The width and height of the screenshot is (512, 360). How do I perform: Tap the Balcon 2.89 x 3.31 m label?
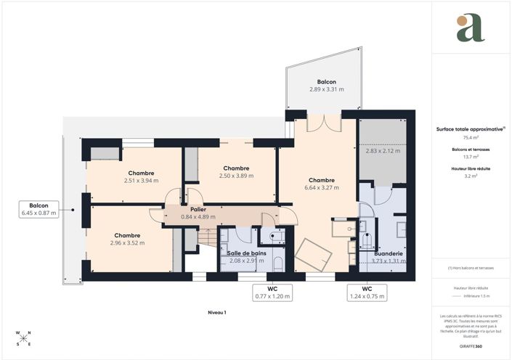pos(326,85)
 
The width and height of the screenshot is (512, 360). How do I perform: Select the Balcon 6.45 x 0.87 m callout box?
pos(38,209)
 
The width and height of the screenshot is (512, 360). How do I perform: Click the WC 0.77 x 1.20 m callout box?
pos(272,292)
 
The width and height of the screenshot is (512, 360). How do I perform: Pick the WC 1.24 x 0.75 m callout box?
pos(367,292)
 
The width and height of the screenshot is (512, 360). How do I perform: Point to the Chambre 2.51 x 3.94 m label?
pos(141,176)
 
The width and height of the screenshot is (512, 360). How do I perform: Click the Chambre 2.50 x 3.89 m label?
pos(236,171)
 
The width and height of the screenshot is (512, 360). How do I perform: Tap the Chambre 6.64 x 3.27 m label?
pos(321,184)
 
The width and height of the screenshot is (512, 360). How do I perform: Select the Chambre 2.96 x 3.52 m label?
pos(127,239)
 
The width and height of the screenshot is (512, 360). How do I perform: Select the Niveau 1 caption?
pos(216,312)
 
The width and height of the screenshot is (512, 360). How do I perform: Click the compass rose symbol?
pos(23,338)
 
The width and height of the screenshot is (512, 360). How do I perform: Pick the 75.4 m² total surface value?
pos(470,136)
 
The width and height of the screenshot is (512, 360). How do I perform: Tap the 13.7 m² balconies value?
pos(470,156)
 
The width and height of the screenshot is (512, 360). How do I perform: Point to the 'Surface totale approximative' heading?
pos(469,128)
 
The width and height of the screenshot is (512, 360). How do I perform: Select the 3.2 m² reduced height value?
pos(470,175)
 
